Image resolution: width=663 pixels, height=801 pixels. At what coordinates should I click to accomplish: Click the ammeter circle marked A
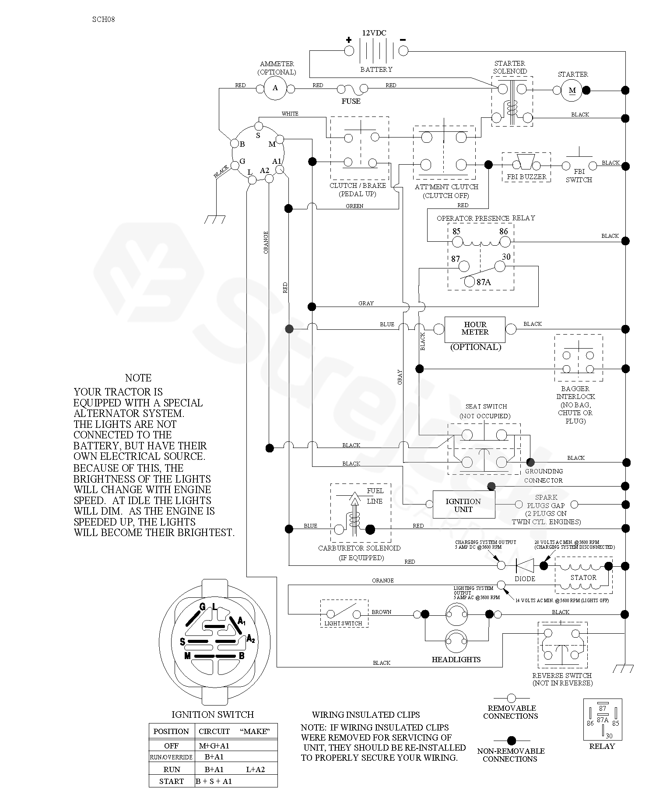click(x=275, y=88)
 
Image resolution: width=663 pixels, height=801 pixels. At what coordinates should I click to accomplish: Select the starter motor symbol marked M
click(x=572, y=91)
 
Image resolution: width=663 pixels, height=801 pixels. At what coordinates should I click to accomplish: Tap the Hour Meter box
click(x=475, y=329)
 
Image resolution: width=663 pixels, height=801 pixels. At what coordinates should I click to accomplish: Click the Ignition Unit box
click(x=463, y=505)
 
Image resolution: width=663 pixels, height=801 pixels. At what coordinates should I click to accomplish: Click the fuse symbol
click(x=351, y=90)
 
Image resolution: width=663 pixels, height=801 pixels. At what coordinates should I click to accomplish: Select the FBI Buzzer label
click(x=526, y=177)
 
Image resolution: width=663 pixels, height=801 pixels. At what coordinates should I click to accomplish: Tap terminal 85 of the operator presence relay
click(x=457, y=241)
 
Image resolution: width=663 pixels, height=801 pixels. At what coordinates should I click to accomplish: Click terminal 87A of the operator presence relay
click(x=469, y=282)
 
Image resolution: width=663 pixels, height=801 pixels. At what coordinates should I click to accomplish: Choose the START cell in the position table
click(x=172, y=781)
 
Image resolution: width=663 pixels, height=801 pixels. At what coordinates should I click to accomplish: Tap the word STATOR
click(x=583, y=578)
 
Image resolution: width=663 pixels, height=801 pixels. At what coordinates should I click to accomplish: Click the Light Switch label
click(x=344, y=623)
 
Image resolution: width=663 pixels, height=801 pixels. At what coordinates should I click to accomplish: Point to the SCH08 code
click(x=104, y=19)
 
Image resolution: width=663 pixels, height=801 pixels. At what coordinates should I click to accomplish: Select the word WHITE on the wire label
click(x=290, y=114)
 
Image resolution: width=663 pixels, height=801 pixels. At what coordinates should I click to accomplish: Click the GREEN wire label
click(x=354, y=206)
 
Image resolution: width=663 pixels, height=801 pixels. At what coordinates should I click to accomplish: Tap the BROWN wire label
click(x=382, y=612)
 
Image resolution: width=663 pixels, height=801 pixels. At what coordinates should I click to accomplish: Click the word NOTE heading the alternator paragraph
click(x=138, y=378)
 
